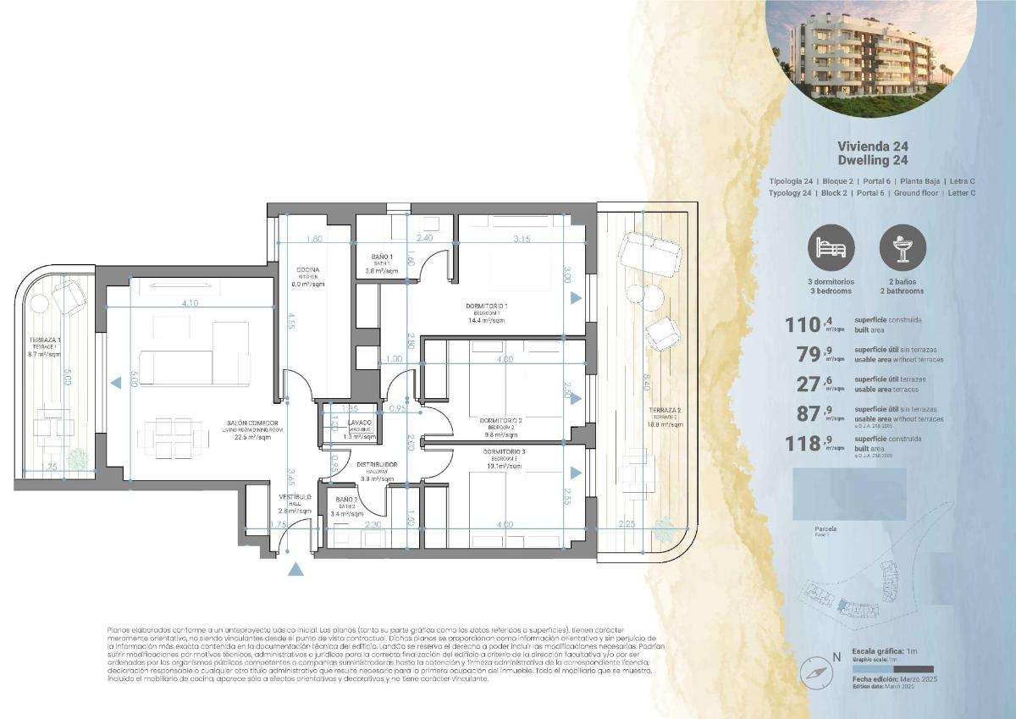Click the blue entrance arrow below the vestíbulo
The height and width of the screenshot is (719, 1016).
295,569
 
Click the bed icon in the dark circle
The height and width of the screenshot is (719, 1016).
831,247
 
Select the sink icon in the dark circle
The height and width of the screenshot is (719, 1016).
903,247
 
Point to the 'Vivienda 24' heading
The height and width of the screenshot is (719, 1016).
872,146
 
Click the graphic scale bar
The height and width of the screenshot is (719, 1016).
892,668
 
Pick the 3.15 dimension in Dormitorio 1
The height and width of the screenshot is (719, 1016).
522,240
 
